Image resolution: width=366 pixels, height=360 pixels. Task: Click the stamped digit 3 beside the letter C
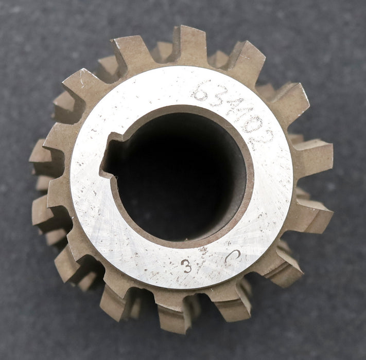click(187, 265)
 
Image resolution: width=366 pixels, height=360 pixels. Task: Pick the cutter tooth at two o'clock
click(291, 103)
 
